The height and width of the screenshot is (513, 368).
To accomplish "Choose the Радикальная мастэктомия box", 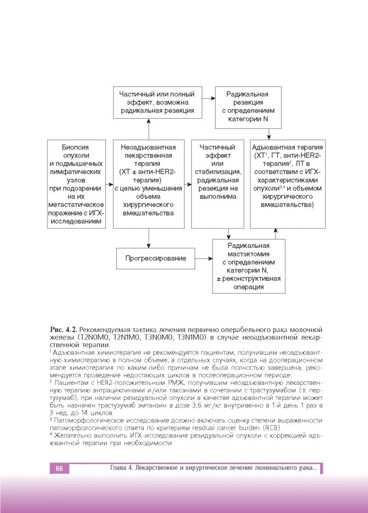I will (x=248, y=266).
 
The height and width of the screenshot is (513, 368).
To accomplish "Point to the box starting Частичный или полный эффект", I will (x=157, y=103).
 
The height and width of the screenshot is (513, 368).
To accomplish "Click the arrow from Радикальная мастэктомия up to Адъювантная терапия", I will (x=275, y=234).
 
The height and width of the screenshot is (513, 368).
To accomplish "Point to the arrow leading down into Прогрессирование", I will (x=149, y=238).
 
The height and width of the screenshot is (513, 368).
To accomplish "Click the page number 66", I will (x=59, y=469).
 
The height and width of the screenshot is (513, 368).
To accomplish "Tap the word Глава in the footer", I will (x=119, y=469).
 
